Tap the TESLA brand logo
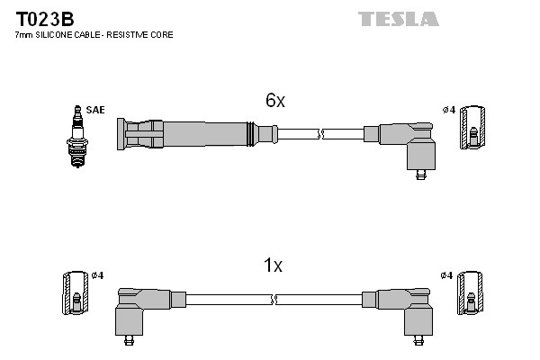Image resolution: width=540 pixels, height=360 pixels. pyautogui.click(x=398, y=19)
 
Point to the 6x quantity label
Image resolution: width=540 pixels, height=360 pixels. pyautogui.click(x=274, y=102)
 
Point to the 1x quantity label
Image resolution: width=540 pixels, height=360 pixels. pyautogui.click(x=273, y=265)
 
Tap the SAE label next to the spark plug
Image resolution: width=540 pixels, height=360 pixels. pyautogui.click(x=96, y=110)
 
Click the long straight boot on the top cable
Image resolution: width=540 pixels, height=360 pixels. pyautogui.click(x=189, y=134)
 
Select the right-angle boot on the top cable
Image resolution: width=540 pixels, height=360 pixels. pyautogui.click(x=409, y=144)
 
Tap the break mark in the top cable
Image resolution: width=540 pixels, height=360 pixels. pyautogui.click(x=321, y=135)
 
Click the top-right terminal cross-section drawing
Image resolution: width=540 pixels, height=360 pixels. pyautogui.click(x=473, y=129)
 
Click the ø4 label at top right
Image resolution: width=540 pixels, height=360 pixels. pyautogui.click(x=448, y=110)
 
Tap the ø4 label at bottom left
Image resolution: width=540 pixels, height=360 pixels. pyautogui.click(x=98, y=274)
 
